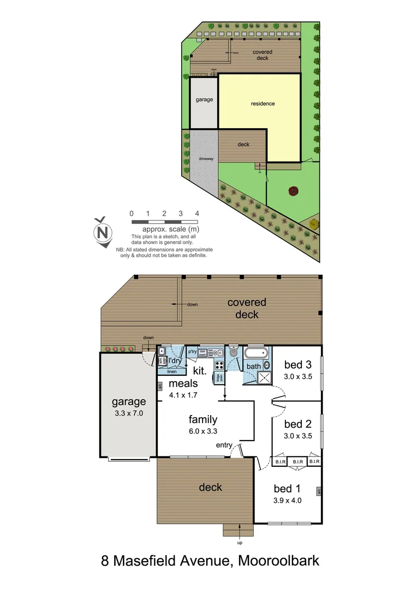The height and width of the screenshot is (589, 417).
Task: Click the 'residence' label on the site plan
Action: click(263, 104)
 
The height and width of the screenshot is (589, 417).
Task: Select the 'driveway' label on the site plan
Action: click(206, 159)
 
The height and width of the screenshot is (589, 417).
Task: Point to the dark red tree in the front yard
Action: click(294, 191)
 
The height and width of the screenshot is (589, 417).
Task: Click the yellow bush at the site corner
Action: click(313, 224)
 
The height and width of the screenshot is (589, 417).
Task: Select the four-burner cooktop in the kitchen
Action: click(219, 365)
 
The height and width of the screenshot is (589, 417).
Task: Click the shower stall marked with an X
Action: click(264, 377)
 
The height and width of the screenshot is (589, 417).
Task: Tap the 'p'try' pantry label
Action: click(192, 352)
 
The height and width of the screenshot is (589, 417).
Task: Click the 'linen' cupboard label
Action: click(172, 372)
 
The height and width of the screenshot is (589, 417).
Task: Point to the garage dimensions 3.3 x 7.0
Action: click(128, 413)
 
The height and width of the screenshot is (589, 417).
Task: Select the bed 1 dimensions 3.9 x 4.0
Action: click(288, 500)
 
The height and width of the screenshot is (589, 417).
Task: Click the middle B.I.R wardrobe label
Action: click(297, 462)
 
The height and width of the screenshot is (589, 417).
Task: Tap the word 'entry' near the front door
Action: click(224, 446)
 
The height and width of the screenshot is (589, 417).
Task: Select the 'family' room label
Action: click(203, 419)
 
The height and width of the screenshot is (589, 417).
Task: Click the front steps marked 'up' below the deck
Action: click(239, 530)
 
